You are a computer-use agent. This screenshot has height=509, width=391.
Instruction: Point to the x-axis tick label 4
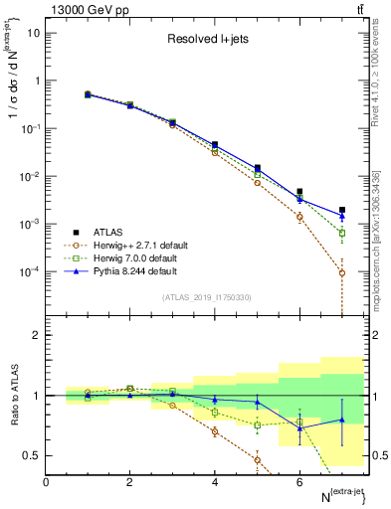pyautogui.click(x=215, y=481)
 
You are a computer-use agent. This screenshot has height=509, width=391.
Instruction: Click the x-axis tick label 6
pyautogui.click(x=299, y=481)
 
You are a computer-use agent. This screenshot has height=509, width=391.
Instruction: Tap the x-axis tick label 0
pyautogui.click(x=47, y=481)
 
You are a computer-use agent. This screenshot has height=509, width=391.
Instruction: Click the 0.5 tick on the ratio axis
pyautogui.click(x=33, y=455)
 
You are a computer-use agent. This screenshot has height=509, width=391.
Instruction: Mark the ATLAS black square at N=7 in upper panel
pyautogui.click(x=341, y=210)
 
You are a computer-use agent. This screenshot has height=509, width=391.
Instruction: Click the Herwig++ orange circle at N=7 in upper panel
pyautogui.click(x=341, y=272)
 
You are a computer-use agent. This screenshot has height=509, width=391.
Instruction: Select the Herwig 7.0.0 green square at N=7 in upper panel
pyautogui.click(x=341, y=234)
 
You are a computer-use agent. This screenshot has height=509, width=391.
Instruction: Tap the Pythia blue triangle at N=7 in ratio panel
pyautogui.click(x=341, y=420)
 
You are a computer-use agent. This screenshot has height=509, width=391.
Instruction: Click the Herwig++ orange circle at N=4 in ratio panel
pyautogui.click(x=215, y=431)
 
